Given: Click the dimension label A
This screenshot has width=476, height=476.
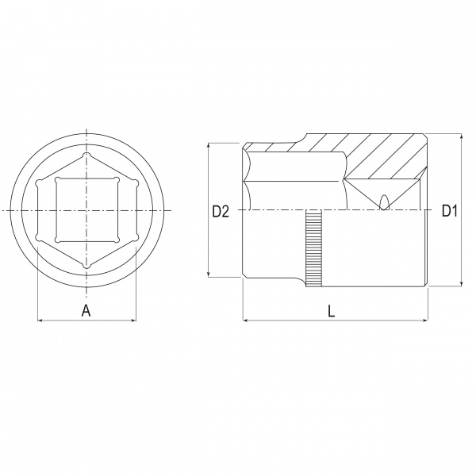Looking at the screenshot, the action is click(x=86, y=310).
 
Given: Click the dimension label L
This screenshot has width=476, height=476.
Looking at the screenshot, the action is click(x=332, y=311).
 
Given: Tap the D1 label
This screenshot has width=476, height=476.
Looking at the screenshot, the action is click(x=449, y=211).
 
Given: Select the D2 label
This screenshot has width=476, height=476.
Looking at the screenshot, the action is click(x=221, y=211).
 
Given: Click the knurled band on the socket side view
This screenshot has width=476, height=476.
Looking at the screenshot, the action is click(x=313, y=250).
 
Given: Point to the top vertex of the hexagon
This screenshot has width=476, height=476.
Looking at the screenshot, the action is click(x=86, y=155).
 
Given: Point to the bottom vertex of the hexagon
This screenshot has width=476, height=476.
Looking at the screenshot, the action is click(x=86, y=266).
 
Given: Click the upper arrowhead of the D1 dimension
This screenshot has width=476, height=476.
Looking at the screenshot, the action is click(x=462, y=137).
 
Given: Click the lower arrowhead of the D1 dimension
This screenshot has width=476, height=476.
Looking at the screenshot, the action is click(x=462, y=282).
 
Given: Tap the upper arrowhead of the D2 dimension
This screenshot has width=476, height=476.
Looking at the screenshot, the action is click(x=209, y=146).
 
